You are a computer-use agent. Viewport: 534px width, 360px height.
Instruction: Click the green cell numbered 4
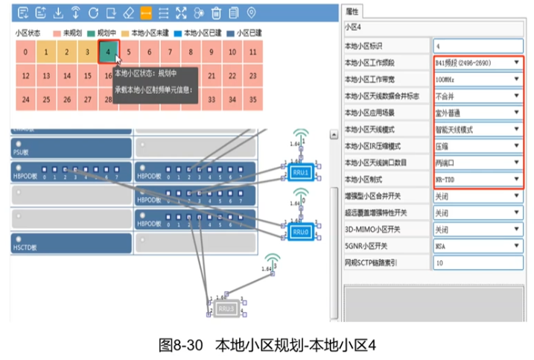[x=109, y=52]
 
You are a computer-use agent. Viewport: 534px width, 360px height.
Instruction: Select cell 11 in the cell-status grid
[x=232, y=52]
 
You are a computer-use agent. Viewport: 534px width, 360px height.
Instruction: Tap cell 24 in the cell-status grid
[x=25, y=98]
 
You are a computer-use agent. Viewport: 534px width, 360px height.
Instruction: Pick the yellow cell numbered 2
[x=67, y=52]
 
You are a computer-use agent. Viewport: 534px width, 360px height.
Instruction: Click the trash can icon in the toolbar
[x=217, y=13]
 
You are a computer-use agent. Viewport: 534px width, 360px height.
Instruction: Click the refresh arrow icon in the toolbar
[x=93, y=13]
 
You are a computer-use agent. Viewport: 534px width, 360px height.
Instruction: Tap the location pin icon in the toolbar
[x=251, y=13]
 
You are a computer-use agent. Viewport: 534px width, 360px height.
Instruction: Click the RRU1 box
[x=299, y=172]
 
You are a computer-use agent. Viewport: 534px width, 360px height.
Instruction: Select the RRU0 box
[x=299, y=232]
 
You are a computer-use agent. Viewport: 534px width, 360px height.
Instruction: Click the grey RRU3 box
[x=226, y=307]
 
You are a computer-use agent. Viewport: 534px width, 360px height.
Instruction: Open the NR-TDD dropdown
[x=477, y=180]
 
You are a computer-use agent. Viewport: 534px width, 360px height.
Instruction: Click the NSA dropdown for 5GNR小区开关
[x=477, y=245]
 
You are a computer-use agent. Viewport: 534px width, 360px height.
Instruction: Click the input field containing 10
[x=477, y=263]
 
